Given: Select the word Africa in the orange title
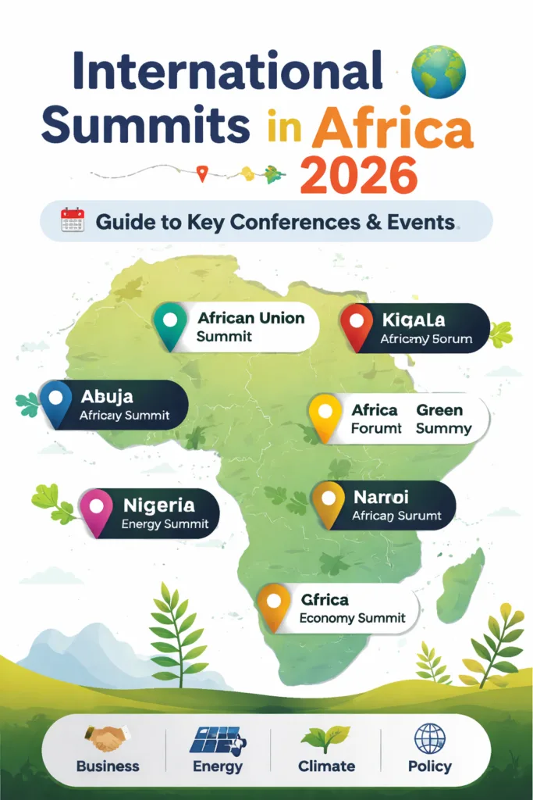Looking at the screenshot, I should (x=392, y=129).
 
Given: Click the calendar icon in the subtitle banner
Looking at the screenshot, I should (x=72, y=220).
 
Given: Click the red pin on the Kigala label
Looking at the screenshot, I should (x=357, y=323).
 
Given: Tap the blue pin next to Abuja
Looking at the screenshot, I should (x=55, y=401).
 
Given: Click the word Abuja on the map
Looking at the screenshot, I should (x=107, y=396).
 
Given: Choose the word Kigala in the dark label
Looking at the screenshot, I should (x=414, y=320).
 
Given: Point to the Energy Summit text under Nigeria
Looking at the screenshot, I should (x=165, y=524).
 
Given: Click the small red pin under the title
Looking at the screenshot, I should (x=202, y=173).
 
